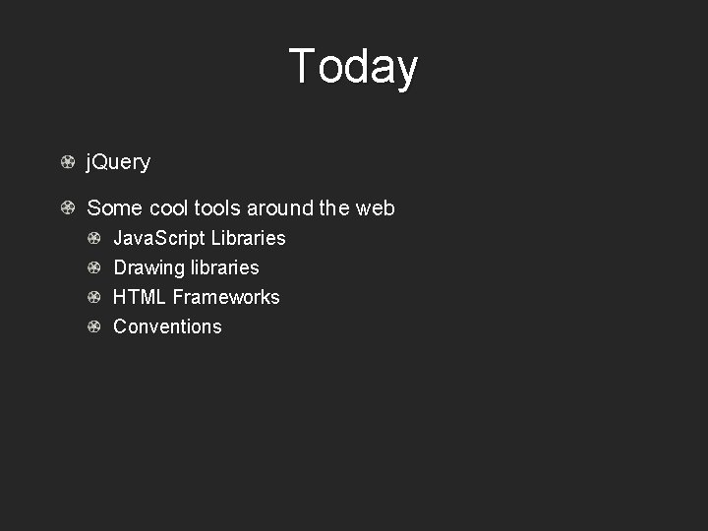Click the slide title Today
click(x=353, y=67)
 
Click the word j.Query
click(x=118, y=162)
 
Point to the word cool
click(x=168, y=208)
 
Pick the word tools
click(x=217, y=208)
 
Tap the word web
click(x=375, y=208)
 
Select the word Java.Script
click(x=159, y=239)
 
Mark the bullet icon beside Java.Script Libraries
click(x=93, y=238)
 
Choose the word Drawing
click(x=149, y=268)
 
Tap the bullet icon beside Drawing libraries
click(x=93, y=267)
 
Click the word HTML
click(x=140, y=297)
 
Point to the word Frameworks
click(x=226, y=297)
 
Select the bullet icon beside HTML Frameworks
click(x=93, y=297)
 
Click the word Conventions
click(x=167, y=326)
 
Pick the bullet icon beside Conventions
click(x=93, y=326)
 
